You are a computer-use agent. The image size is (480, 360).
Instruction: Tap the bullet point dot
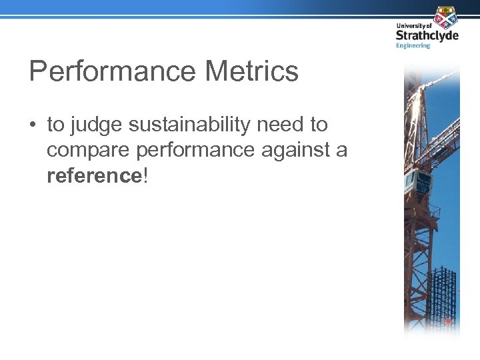pyautogui.click(x=33, y=125)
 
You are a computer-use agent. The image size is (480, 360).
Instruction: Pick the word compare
pyautogui.click(x=88, y=151)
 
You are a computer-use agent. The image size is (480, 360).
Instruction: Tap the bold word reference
pyautogui.click(x=93, y=175)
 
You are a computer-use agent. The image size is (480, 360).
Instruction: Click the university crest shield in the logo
pyautogui.click(x=444, y=17)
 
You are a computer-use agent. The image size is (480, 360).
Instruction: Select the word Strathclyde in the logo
pyautogui.click(x=427, y=35)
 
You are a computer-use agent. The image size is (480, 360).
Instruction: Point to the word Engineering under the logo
pyautogui.click(x=413, y=45)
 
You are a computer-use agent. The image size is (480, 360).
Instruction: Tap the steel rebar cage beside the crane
pyautogui.click(x=443, y=293)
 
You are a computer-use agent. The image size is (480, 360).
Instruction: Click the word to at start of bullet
pyautogui.click(x=55, y=125)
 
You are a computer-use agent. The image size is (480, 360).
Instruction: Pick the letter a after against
pyautogui.click(x=341, y=151)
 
